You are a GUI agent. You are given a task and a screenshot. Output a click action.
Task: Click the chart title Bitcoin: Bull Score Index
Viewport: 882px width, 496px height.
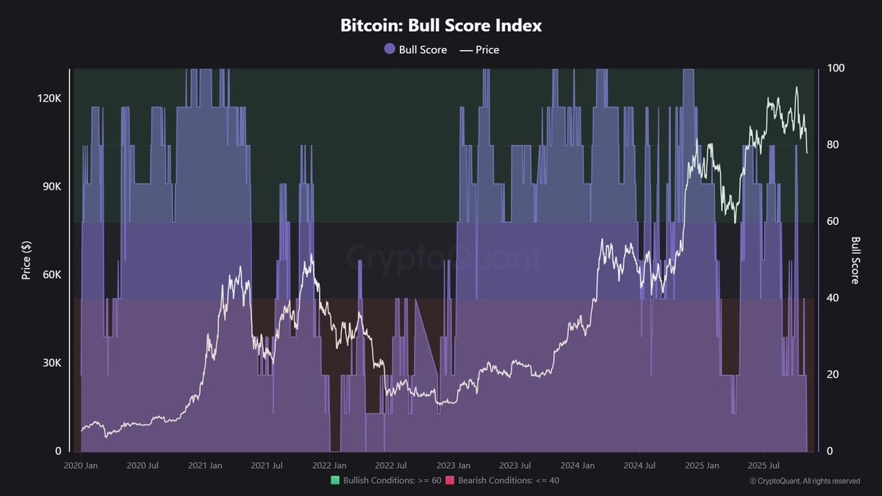(x=441, y=25)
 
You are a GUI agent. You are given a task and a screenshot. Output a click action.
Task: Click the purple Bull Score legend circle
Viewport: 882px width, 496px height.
(x=390, y=50)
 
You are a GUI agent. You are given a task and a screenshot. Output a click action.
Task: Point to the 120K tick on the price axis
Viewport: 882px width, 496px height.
(x=49, y=98)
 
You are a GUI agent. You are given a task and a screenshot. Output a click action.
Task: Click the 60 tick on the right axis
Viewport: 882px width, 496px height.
(x=832, y=221)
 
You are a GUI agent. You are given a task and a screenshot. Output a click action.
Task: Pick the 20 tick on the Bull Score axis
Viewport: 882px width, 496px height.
(x=832, y=374)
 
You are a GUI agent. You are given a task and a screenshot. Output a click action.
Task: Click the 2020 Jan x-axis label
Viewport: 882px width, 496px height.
(x=80, y=466)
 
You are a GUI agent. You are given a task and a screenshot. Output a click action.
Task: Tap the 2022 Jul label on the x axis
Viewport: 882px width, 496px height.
(x=390, y=466)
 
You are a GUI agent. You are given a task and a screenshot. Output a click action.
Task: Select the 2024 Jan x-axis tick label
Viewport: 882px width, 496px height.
(x=578, y=466)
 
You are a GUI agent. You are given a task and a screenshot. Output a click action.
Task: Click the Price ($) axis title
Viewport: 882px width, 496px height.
(x=26, y=259)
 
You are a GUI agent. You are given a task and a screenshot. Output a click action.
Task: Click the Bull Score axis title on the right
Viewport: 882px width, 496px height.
(x=856, y=259)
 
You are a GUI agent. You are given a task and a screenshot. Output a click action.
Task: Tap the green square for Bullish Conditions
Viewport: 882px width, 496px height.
(x=335, y=481)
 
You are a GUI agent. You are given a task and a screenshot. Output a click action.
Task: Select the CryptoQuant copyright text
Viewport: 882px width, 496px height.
(x=805, y=481)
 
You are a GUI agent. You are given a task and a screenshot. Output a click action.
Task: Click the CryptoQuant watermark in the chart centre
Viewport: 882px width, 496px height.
(x=443, y=257)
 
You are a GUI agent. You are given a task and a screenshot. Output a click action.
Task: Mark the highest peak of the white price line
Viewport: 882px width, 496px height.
(x=797, y=87)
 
